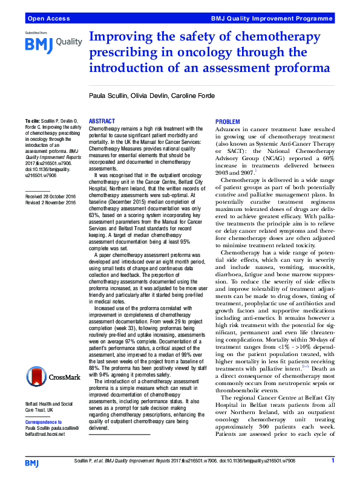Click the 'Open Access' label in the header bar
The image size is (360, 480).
pyautogui.click(x=46, y=19)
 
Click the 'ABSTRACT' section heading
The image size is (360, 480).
pyautogui.click(x=102, y=122)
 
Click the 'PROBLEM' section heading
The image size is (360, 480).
pyautogui.click(x=227, y=123)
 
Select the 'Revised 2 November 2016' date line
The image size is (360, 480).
pyautogui.click(x=51, y=203)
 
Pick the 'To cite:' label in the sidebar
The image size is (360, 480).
pyautogui.click(x=34, y=122)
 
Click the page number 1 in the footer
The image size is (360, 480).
pyautogui.click(x=332, y=461)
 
